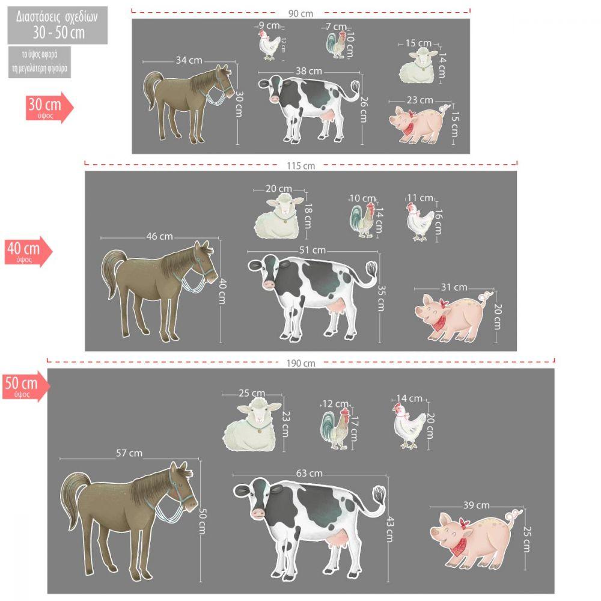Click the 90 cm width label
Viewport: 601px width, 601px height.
pos(300,14)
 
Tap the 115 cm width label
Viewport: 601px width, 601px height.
pos(301,166)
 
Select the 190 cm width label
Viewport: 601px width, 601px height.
pos(301,364)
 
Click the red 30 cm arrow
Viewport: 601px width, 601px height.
pos(49,107)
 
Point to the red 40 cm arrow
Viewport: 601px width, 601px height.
pos(28,251)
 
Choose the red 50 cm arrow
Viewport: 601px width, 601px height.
pos(26,386)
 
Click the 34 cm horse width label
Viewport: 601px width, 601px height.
pos(189,60)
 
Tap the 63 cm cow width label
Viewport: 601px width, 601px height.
pos(310,474)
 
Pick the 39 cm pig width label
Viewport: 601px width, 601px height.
pos(477,505)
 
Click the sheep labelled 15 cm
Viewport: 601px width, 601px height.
pos(418,66)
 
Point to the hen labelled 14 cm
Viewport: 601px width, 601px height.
pos(409,426)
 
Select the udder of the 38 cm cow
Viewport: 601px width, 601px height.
pos(327,115)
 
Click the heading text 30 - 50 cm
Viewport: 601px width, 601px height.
pos(58,32)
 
